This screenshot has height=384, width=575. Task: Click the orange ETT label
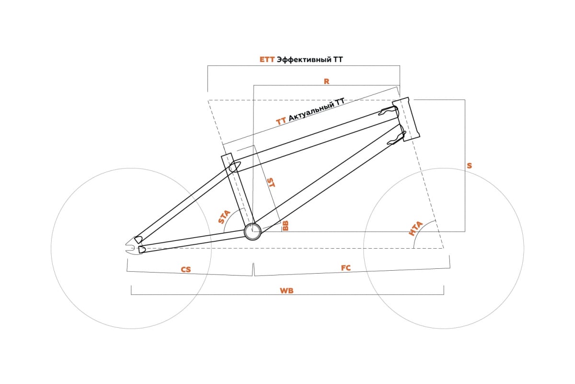[x=267, y=60]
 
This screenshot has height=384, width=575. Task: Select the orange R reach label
[x=326, y=82]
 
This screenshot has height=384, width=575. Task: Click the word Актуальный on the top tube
[x=311, y=111]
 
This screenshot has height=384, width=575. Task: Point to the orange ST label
[x=271, y=182]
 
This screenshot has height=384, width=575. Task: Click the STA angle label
[x=224, y=217]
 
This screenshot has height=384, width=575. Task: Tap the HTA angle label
[x=415, y=228]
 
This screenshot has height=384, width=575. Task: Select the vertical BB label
[x=285, y=226]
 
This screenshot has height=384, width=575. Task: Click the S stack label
[x=469, y=166]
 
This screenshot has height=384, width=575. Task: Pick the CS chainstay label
[x=186, y=270]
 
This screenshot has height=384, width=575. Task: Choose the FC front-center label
[x=345, y=268]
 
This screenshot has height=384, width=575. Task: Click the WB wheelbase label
[x=287, y=290]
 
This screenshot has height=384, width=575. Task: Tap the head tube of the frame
[x=406, y=119]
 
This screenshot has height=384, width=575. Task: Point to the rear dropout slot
[x=130, y=246]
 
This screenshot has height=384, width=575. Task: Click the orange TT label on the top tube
[x=281, y=121]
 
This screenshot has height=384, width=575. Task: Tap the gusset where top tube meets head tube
[x=388, y=111]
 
